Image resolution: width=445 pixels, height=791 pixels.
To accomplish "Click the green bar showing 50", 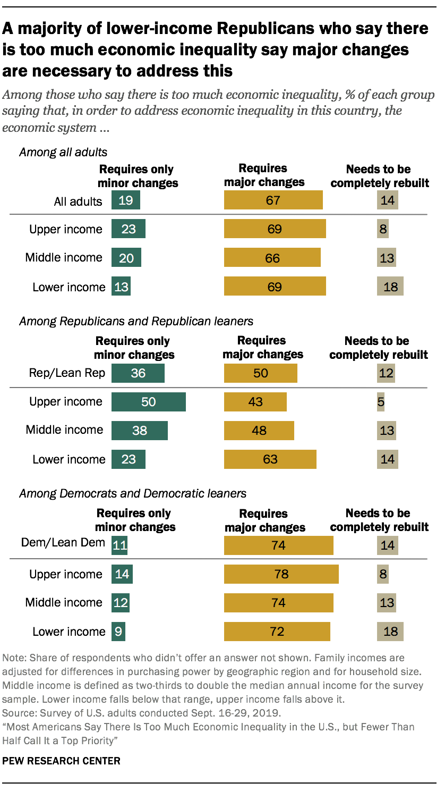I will (148, 402).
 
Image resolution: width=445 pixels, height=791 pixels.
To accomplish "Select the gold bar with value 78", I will (281, 574).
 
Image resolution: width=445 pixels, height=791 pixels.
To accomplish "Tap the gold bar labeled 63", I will (270, 459).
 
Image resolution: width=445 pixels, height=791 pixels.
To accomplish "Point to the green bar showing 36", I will (138, 373).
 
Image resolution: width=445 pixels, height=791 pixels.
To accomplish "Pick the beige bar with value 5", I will (380, 402).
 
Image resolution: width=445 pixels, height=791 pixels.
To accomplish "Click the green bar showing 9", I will (118, 632).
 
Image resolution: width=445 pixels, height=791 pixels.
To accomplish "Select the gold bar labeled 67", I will (273, 201).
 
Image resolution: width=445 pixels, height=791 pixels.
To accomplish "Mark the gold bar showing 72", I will (277, 632).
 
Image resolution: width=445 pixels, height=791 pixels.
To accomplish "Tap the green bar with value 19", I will (125, 201).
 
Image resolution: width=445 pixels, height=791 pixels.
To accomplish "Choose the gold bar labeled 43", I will (255, 402).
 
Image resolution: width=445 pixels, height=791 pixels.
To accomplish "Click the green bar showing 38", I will (139, 430).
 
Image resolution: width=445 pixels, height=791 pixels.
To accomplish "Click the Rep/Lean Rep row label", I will (67, 373).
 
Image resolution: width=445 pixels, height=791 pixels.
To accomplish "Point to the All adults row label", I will (78, 201).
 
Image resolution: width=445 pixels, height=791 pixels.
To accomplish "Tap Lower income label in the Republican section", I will (69, 459).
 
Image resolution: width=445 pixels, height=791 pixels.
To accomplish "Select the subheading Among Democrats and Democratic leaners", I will (132, 493).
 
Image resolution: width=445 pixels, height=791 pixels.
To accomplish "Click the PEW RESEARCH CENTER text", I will (62, 761).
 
